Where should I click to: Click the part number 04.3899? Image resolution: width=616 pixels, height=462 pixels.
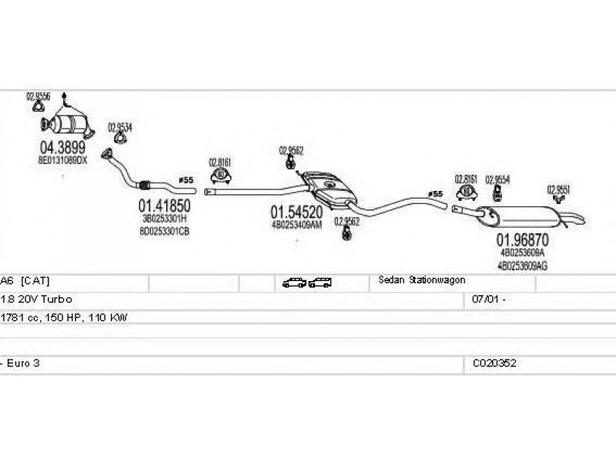pos(62,147)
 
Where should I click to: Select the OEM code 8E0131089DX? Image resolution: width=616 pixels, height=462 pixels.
pos(62,160)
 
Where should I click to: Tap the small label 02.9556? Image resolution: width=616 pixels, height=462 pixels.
pos(38,97)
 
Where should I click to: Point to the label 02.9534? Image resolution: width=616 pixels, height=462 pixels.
pos(119,127)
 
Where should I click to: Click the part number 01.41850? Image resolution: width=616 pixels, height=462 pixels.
pos(164,206)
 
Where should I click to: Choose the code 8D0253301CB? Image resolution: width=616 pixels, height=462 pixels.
pos(164,230)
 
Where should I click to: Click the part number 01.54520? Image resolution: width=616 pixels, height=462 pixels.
pos(296,211)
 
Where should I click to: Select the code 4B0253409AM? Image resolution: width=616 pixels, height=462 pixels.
pos(296,225)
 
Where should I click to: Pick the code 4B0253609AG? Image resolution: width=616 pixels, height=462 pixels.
pos(523,265)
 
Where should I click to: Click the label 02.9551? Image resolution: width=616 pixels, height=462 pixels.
pos(558,189)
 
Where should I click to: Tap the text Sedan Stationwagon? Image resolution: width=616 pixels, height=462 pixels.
pos(421,280)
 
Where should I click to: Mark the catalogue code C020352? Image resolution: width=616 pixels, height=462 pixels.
pos(495,362)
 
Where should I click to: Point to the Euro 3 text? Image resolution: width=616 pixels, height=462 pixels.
pos(23,362)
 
